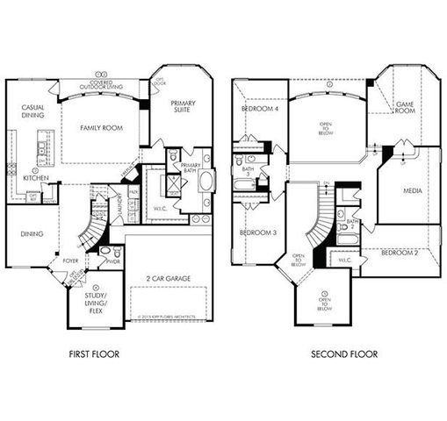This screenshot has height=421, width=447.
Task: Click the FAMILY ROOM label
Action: pyautogui.click(x=100, y=128)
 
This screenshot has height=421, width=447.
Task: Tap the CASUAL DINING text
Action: pyautogui.click(x=33, y=114)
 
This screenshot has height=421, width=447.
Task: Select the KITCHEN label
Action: pyautogui.click(x=35, y=176)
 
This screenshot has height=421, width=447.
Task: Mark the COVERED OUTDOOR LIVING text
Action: pyautogui.click(x=101, y=84)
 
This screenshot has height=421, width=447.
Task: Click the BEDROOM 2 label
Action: pyautogui.click(x=400, y=253)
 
